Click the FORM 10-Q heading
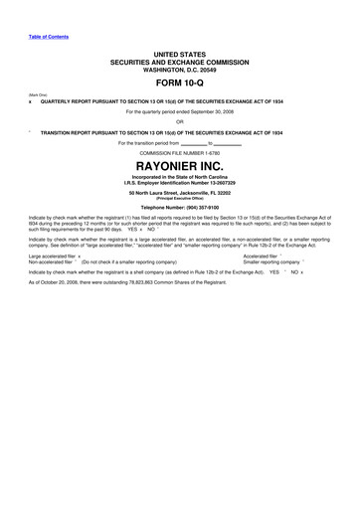(179, 83)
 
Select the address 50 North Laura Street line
(179, 191)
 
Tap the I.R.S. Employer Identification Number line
(179, 182)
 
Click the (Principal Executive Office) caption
(179, 197)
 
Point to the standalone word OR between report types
(179, 122)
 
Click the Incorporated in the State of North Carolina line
(179, 176)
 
